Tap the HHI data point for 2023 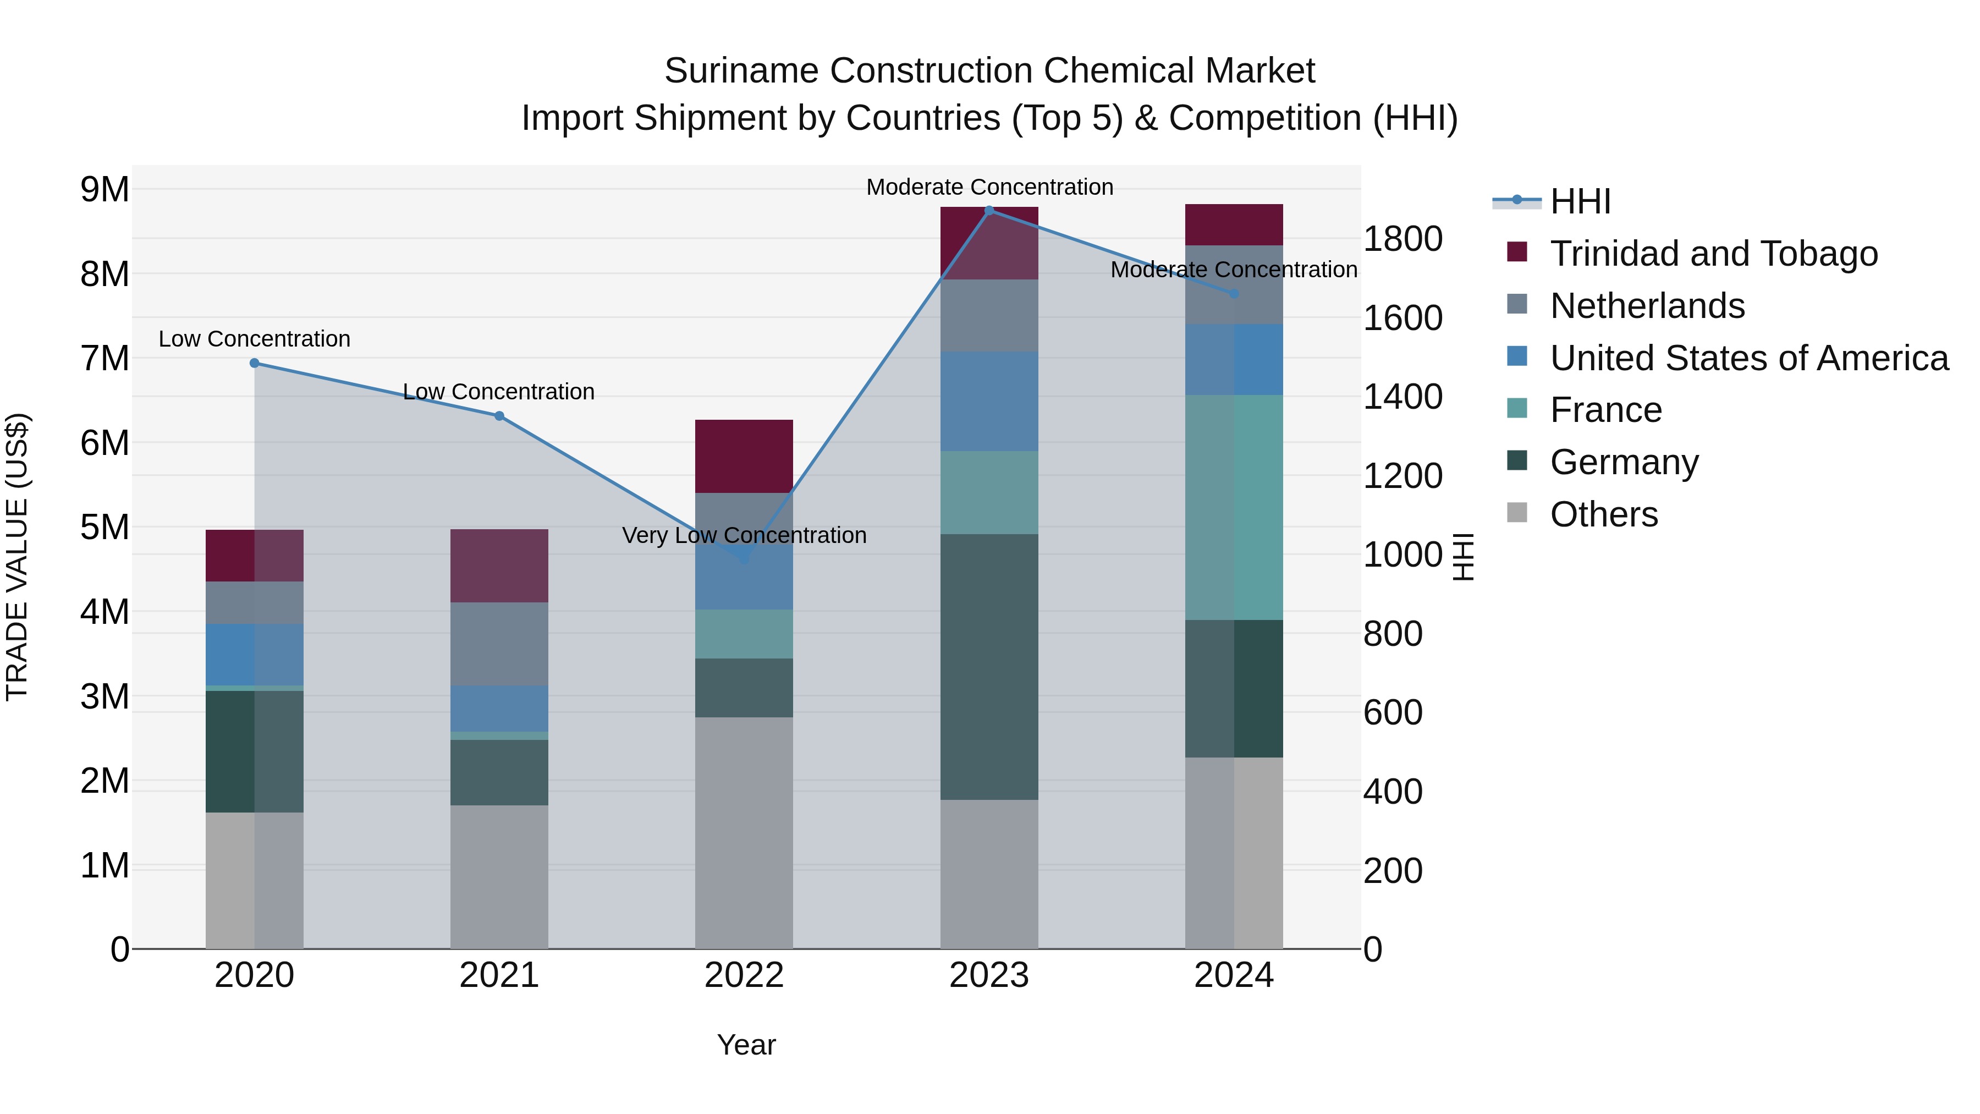pos(989,210)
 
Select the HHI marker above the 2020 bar pos(255,363)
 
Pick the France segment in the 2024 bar pos(1234,507)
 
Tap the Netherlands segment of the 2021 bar pos(499,644)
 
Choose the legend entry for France pos(1605,410)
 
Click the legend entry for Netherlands pos(1646,306)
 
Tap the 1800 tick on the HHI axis pos(1402,239)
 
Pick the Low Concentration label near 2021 pos(498,392)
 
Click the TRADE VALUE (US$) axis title pos(17,557)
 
